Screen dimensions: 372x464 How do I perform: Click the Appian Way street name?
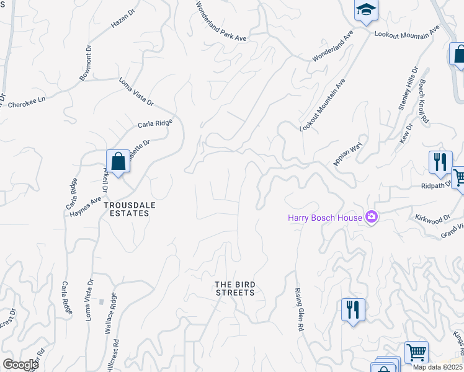(x=347, y=154)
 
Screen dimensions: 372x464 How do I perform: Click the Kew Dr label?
(x=407, y=134)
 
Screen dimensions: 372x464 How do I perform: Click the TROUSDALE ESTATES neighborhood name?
(x=127, y=208)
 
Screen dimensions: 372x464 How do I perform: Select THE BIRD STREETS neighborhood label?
(x=234, y=288)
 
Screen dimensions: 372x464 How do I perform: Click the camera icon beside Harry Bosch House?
(x=372, y=216)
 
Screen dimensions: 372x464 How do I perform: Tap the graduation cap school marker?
(x=364, y=10)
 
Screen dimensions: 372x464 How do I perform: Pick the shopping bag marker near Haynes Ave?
(x=118, y=162)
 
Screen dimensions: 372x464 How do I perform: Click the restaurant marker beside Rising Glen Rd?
(x=352, y=308)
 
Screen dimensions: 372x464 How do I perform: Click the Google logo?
(x=20, y=365)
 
